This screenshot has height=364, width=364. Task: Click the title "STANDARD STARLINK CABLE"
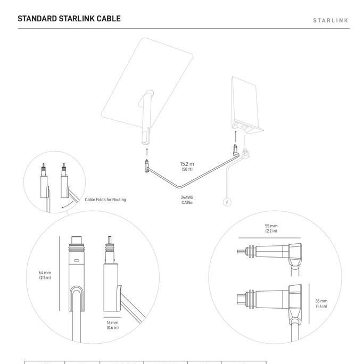click(x=69, y=19)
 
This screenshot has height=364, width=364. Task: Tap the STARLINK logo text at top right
click(x=330, y=21)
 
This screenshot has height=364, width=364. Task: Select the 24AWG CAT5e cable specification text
click(x=187, y=200)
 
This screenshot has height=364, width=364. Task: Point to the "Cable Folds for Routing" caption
click(x=105, y=200)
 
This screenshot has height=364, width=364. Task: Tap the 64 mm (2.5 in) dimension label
click(x=45, y=275)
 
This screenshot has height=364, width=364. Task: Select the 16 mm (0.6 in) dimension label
click(x=112, y=325)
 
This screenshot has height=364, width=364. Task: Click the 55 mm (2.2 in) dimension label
click(x=271, y=228)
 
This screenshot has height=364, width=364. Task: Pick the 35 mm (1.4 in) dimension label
click(x=321, y=303)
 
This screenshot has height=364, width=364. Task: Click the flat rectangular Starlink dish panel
click(x=146, y=80)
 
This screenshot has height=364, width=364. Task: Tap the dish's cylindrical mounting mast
click(x=146, y=120)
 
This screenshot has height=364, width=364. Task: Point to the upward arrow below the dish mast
click(x=147, y=152)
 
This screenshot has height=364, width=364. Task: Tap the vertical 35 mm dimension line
click(x=309, y=303)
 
